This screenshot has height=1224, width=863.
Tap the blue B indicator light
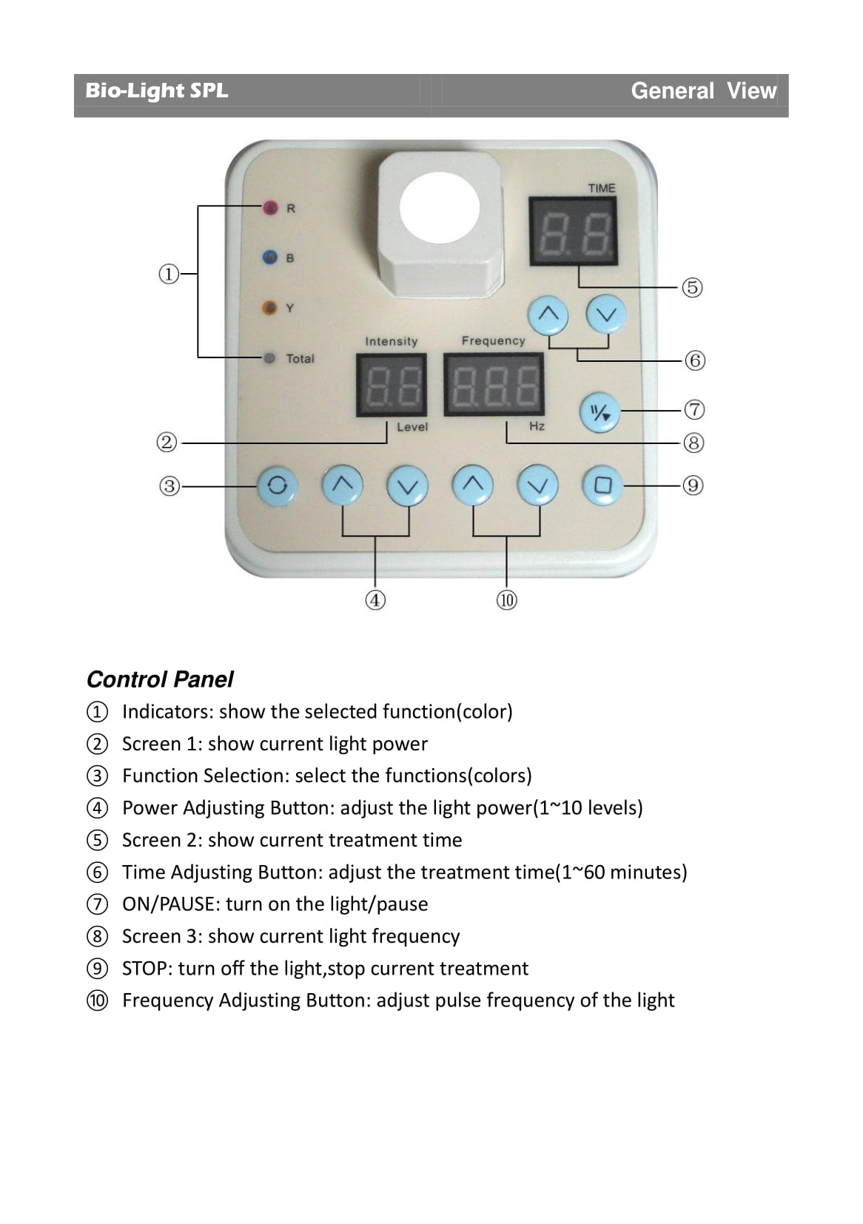point(270,258)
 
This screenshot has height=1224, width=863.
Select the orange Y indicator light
point(270,307)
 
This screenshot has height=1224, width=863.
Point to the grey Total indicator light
point(270,358)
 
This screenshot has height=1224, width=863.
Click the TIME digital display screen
point(573,231)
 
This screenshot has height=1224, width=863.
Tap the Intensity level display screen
point(392,385)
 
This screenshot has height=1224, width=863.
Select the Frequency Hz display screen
point(494,385)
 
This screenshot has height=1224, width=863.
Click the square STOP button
point(602,485)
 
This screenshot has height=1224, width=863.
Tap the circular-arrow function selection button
point(277,485)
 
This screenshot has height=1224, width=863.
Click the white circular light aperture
point(440,208)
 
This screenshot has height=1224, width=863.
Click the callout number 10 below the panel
point(506,600)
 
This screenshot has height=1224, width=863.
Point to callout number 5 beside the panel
point(692,287)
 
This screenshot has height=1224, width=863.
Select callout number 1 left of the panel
point(169,275)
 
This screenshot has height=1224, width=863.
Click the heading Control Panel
point(160,679)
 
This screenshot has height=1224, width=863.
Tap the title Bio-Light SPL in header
point(157,91)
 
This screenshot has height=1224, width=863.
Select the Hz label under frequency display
point(537,426)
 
